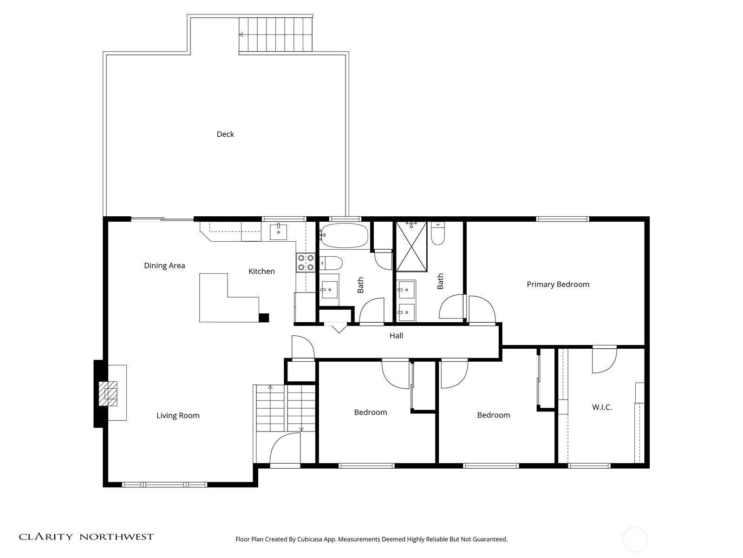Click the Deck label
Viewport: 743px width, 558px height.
point(225,134)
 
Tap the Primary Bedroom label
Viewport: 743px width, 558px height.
point(558,284)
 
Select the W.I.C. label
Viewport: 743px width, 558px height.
point(602,407)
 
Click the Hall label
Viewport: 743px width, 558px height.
point(396,336)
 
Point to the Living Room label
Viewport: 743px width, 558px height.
point(178,416)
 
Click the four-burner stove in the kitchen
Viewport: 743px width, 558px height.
point(306,262)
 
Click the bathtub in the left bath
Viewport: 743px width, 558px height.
point(344,235)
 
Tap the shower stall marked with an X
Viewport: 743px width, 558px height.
point(411,246)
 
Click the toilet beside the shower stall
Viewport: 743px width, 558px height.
point(438,233)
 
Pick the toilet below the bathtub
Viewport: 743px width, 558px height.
point(331,263)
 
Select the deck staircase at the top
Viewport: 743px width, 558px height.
point(275,34)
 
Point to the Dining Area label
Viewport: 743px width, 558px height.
point(164,266)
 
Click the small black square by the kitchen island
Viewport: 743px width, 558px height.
point(264,318)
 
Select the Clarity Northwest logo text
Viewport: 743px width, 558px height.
point(86,537)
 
